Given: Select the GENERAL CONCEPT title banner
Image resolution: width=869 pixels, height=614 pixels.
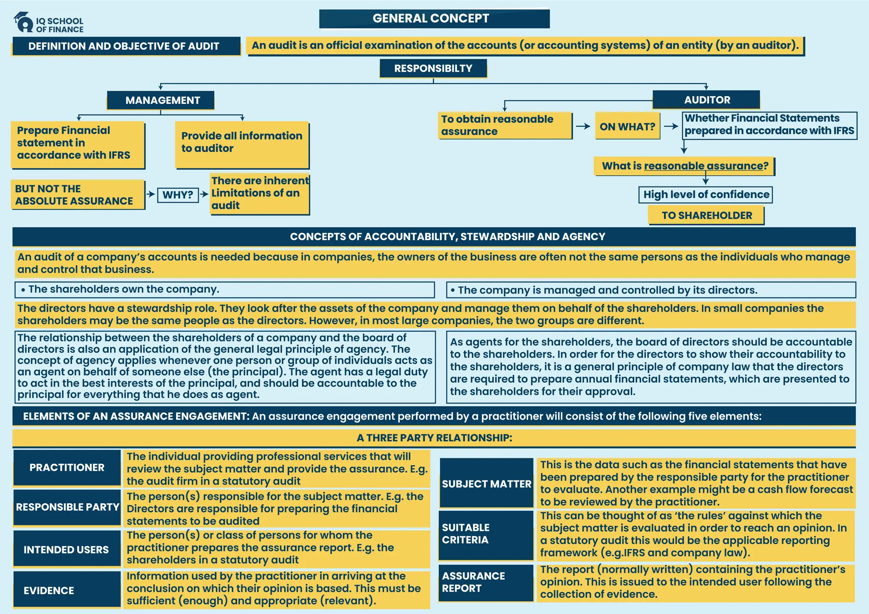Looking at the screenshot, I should coord(434,19).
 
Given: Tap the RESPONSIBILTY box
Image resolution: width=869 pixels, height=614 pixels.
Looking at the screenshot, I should coord(433,68).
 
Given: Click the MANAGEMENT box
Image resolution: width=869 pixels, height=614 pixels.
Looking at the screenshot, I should coord(160,100).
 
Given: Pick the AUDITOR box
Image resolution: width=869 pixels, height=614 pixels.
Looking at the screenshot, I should coord(706,100).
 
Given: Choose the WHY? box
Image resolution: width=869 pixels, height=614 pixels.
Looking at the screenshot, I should coord(178,195).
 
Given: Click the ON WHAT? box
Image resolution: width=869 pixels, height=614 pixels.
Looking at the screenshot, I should coord(627,126).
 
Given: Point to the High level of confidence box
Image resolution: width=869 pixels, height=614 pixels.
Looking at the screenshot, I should coord(706,195).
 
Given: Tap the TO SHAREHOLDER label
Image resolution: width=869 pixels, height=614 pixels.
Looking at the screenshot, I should coord(706,215).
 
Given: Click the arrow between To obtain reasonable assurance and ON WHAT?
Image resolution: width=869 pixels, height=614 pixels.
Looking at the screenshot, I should coord(583,126).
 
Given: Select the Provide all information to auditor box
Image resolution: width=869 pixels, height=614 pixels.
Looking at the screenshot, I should coord(242,144).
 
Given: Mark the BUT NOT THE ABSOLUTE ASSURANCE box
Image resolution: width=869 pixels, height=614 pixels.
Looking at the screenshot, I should coord(78,195).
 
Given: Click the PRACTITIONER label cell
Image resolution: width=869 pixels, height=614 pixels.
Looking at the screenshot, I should coord(67,467).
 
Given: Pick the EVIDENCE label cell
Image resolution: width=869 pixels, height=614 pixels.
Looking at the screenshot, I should coord(67,590).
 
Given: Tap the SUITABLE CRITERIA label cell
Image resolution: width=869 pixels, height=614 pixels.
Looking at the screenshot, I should coord(486,534).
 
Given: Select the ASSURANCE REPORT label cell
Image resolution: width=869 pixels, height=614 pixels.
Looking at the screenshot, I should coord(486,582).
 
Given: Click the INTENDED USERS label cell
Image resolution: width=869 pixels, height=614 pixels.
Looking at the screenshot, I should coord(67,549).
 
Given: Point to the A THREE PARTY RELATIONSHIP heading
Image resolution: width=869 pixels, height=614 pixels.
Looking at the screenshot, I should coord(434,438).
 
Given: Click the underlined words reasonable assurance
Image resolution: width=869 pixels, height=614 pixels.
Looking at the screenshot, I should coord(703,166).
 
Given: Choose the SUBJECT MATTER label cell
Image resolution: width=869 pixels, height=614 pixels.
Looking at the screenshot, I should coord(486,483).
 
